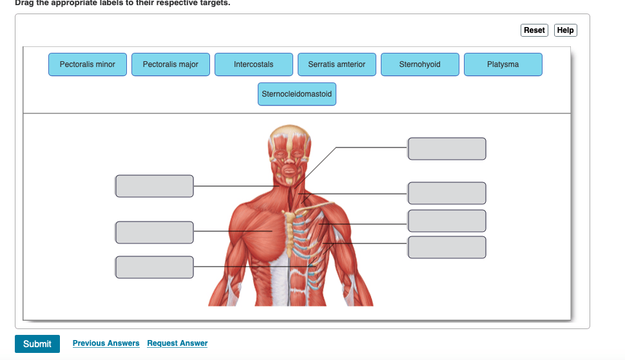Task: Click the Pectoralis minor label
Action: [88, 64]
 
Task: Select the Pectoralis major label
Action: [171, 64]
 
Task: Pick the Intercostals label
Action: [253, 64]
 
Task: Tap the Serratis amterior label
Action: [336, 64]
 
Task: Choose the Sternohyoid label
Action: [419, 64]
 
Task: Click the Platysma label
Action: [503, 64]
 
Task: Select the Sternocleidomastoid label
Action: [296, 94]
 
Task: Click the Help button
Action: [565, 30]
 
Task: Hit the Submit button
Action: [37, 344]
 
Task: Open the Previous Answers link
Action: [106, 343]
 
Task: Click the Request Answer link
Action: [177, 343]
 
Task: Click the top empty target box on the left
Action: [155, 186]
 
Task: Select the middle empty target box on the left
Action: [155, 232]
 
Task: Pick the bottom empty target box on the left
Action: [155, 267]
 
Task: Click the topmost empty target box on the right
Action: [447, 148]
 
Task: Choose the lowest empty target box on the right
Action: [447, 247]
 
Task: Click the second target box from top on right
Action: [447, 193]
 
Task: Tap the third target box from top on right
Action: [447, 221]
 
